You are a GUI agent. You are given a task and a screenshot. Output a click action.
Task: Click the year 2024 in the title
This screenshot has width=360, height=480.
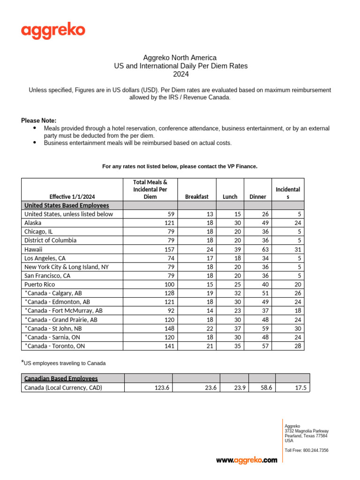tap(181, 74)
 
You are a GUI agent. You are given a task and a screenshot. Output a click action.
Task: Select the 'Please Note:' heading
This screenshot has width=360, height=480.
tap(38, 120)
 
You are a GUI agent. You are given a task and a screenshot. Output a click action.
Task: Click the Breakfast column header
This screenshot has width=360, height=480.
tap(197, 197)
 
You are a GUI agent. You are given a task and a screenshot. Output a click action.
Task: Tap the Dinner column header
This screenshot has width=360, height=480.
tap(257, 197)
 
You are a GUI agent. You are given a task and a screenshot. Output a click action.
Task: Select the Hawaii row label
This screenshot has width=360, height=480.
tap(35, 249)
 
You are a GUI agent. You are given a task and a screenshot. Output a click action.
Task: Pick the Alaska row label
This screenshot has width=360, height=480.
tap(34, 223)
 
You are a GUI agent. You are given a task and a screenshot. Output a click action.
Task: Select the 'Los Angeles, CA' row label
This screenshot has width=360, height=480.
tap(47, 258)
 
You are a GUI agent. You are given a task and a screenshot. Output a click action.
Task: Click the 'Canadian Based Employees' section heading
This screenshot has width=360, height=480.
tap(61, 378)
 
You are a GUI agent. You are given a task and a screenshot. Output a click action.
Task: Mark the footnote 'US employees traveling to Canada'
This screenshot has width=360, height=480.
tap(65, 363)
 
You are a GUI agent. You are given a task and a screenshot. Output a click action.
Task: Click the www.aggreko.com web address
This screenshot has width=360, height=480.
tap(247, 460)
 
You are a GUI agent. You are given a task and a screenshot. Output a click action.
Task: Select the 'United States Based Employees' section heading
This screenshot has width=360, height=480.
tap(67, 205)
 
